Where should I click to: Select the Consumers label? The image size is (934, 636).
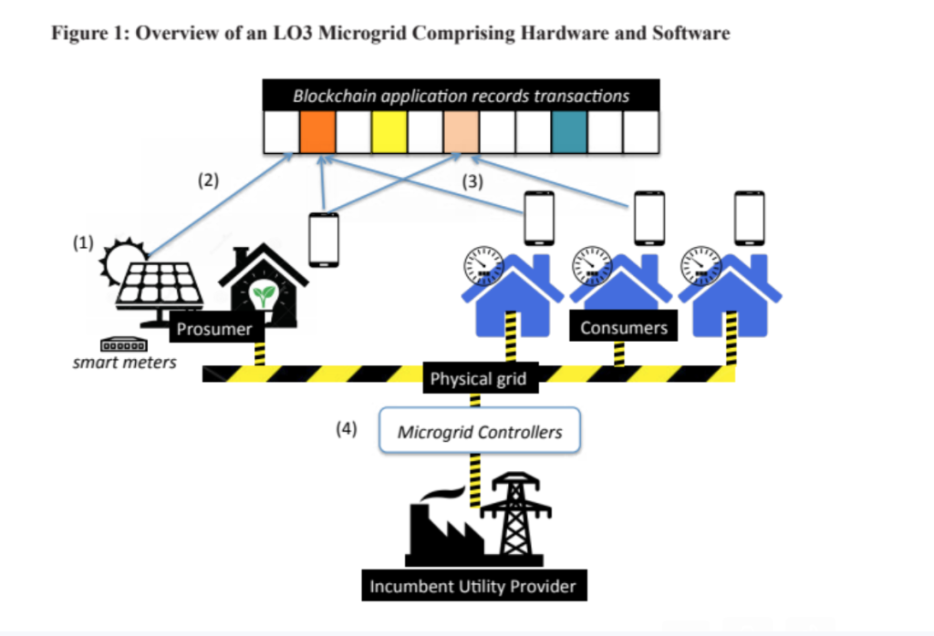pos(624,327)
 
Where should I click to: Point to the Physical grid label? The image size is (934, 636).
pos(478,378)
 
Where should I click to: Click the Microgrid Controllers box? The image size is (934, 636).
pos(480,432)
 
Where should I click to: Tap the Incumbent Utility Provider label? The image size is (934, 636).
pos(472,585)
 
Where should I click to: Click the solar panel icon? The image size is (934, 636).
pos(158,286)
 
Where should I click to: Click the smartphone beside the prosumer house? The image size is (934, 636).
pos(324,239)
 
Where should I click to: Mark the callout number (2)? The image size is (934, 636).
pos(209,180)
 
